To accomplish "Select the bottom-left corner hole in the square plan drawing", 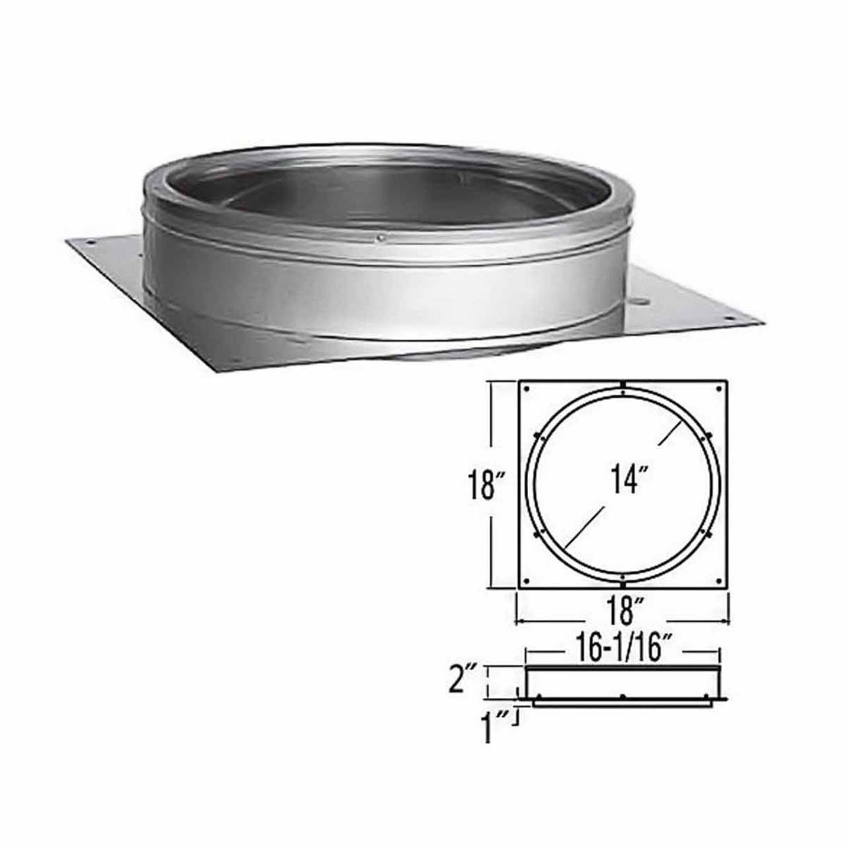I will [527, 580].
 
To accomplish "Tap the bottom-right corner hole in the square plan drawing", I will [719, 580].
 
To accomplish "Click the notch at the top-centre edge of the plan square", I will [623, 383].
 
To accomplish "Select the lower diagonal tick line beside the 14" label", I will [582, 527].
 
